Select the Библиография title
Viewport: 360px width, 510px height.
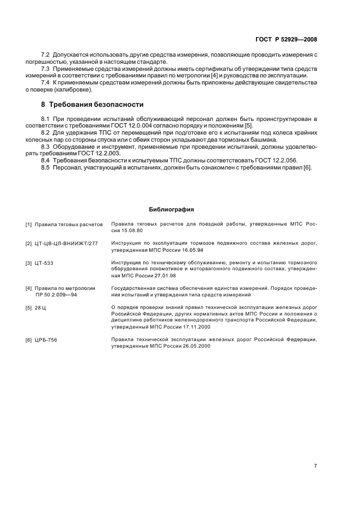(172, 209)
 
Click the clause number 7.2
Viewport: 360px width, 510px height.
(46, 56)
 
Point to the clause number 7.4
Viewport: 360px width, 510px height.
(46, 82)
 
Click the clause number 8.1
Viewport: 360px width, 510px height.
(46, 118)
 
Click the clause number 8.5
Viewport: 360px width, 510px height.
(46, 167)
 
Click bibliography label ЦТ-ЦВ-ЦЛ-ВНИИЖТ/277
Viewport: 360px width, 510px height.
(66, 244)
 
